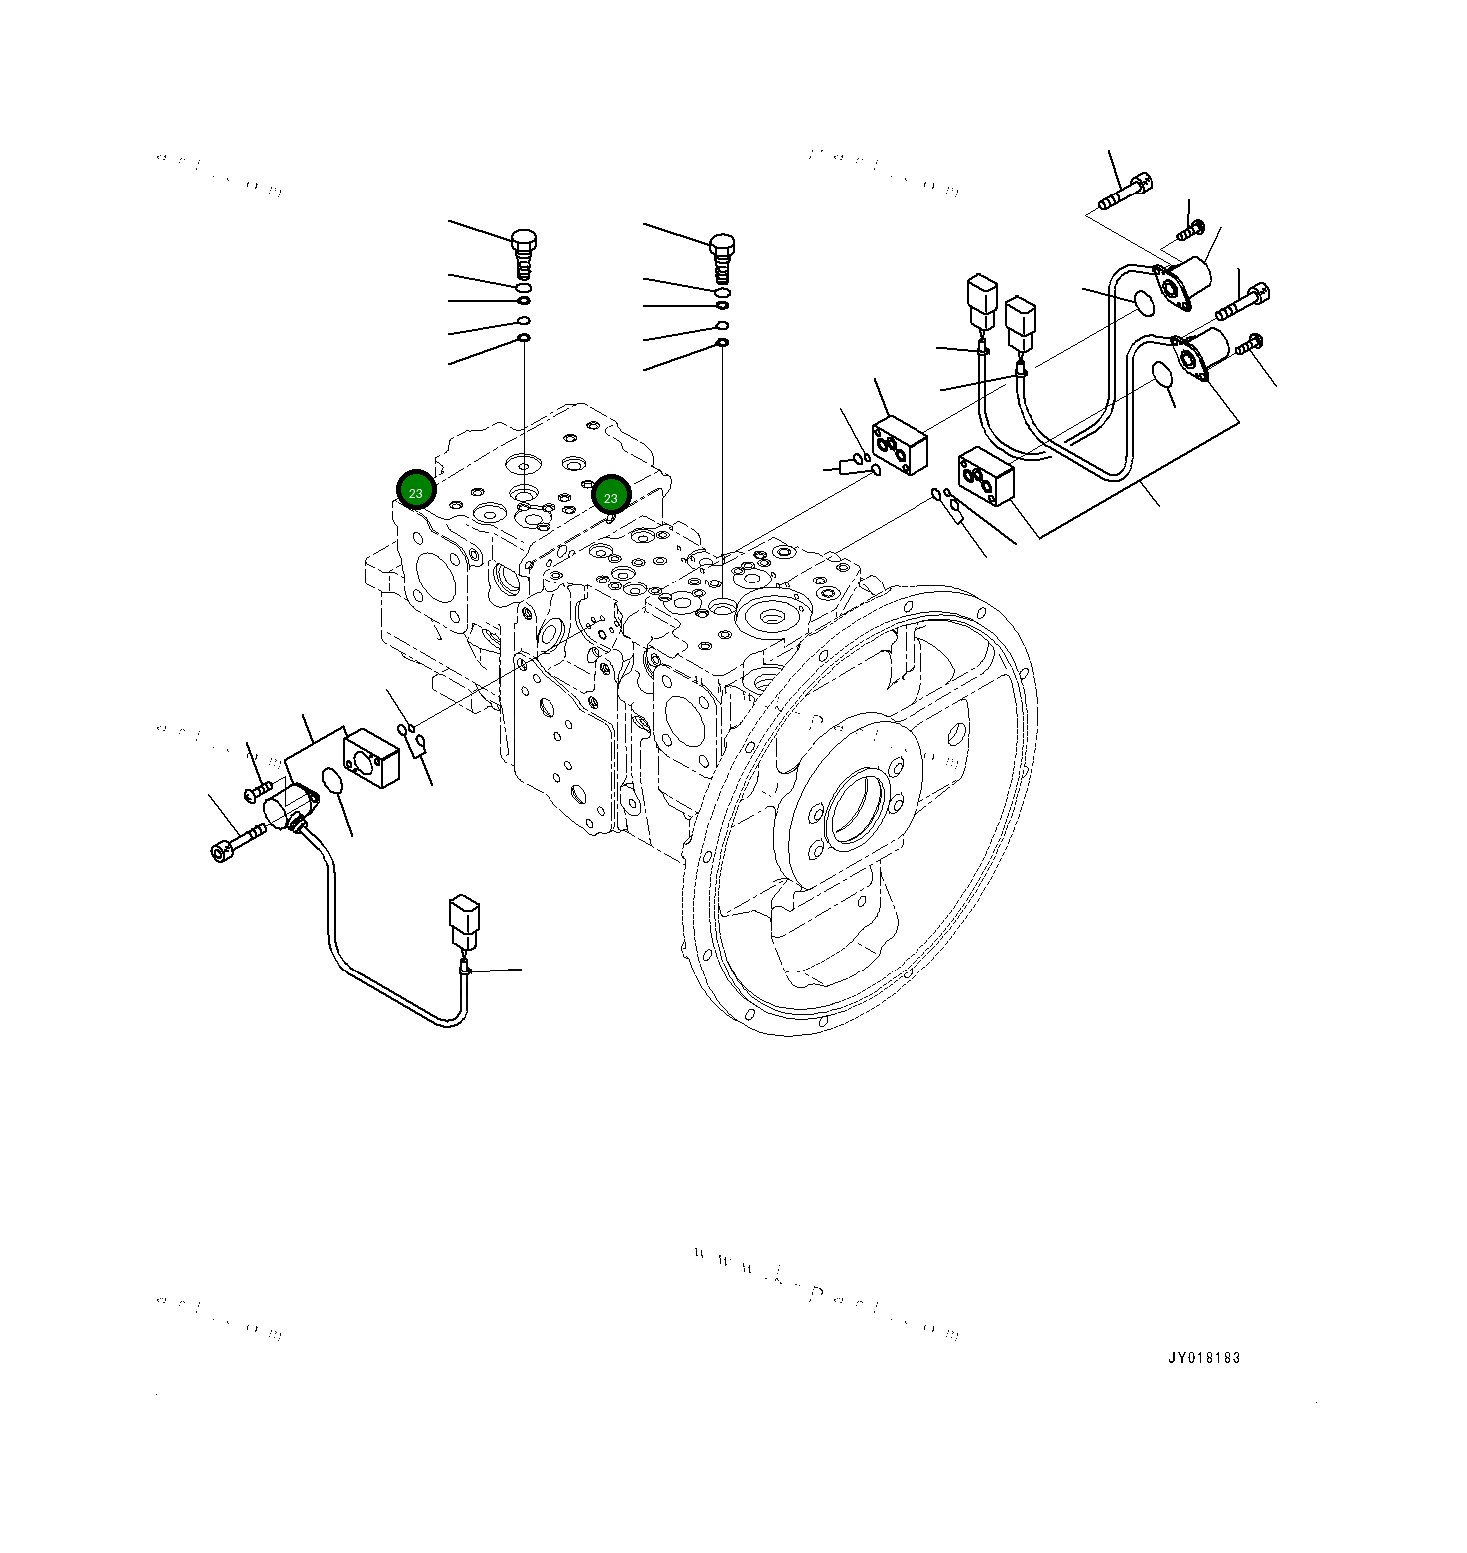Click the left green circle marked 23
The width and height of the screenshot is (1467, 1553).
coord(415,491)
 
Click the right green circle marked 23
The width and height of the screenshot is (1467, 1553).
coord(611,496)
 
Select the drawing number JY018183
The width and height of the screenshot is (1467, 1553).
coord(1204,1358)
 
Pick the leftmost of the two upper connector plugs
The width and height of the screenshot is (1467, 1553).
coord(981,303)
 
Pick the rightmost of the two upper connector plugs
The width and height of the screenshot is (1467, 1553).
coord(1020,323)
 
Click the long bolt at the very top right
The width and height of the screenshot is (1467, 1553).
coord(1125,192)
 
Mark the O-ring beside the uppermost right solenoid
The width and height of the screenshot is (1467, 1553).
coord(1145,303)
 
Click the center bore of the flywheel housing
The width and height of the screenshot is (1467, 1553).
coord(856,808)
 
